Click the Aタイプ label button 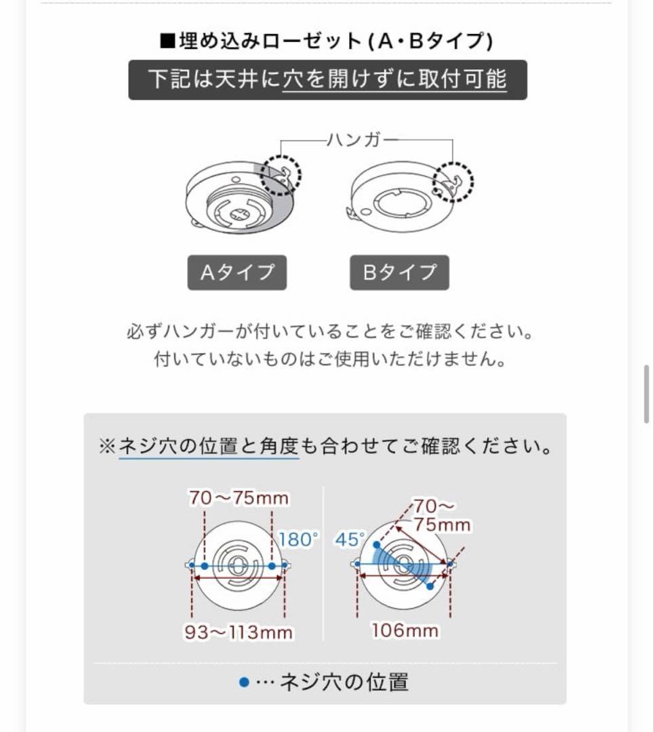237,272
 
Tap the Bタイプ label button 399,272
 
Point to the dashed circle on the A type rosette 281,176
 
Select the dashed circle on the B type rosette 453,182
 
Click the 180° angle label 298,540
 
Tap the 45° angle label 349,540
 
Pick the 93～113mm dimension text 239,632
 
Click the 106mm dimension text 405,630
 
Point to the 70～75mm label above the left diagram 239,499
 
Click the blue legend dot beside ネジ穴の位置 245,682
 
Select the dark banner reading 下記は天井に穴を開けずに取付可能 327,80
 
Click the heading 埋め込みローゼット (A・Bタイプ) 326,41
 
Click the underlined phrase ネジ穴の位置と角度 209,447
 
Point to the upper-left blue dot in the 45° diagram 376,544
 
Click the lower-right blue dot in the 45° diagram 430,586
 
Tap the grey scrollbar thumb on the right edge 647,394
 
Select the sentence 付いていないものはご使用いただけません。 330,359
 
